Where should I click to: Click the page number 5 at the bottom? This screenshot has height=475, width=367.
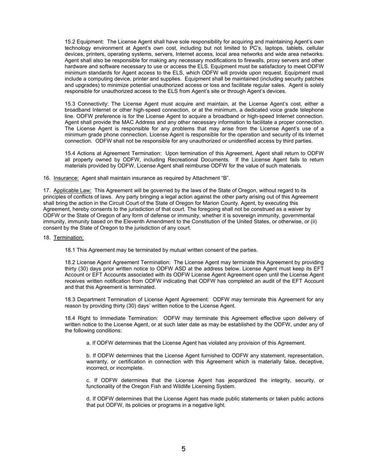[x=183, y=449]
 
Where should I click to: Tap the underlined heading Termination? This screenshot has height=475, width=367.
[x=68, y=237]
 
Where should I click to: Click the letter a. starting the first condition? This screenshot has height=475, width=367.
[x=88, y=343]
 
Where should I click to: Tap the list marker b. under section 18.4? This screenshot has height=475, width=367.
[x=88, y=355]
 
